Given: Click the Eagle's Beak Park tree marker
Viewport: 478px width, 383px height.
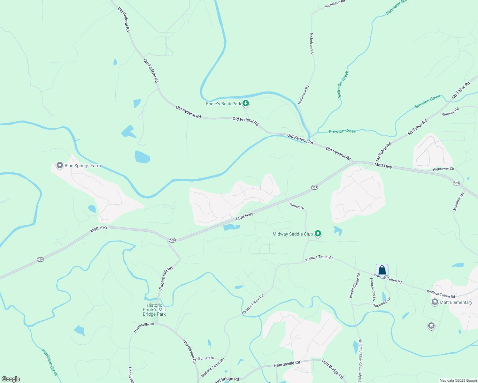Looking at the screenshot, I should [x=245, y=103].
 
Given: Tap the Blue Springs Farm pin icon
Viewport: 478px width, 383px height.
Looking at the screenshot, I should [x=59, y=165].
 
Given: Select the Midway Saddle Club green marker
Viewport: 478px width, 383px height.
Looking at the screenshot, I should [x=318, y=234].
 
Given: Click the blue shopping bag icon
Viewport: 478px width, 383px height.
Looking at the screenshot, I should [x=382, y=270].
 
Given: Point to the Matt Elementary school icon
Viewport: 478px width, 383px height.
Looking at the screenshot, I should [x=435, y=302].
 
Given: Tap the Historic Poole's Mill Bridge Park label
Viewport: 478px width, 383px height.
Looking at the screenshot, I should [x=154, y=310].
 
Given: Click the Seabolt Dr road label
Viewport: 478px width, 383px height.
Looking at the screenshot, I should [x=297, y=205].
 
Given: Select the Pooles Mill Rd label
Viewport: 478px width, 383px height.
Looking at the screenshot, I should [x=166, y=278].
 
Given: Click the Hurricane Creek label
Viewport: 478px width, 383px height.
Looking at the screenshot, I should [x=50, y=362].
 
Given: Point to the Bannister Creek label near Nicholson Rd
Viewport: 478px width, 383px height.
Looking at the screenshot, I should [x=343, y=84].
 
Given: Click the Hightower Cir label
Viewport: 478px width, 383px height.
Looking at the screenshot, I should [x=443, y=169].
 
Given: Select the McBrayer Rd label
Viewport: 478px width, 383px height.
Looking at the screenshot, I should [x=459, y=201].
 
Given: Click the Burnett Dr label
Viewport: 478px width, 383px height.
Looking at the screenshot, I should [x=206, y=358].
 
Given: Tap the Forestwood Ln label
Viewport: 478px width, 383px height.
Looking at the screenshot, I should [x=373, y=289].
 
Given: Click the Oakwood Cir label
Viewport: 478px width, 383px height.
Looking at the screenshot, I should [x=382, y=302].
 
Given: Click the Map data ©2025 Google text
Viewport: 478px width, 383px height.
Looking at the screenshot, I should [x=458, y=380].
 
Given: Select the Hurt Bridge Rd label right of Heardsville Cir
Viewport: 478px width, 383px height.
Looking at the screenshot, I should [x=332, y=369].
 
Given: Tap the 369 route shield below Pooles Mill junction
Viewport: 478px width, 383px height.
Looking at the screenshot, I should [x=172, y=240].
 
